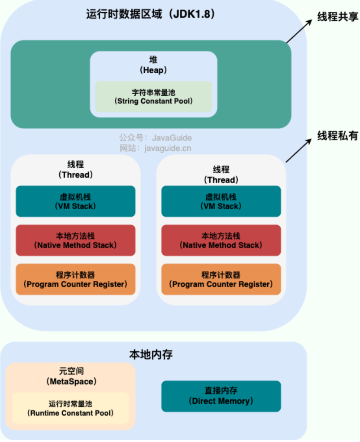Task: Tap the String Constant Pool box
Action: point(153,97)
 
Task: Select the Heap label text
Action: point(153,65)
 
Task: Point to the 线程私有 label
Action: point(337,135)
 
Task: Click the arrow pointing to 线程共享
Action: point(299,32)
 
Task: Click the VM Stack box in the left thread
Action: point(75,201)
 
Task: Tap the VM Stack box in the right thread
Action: point(221,201)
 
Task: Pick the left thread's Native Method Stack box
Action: point(75,240)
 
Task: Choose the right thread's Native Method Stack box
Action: point(221,240)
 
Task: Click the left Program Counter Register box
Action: point(75,279)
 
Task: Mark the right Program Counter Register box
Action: point(221,279)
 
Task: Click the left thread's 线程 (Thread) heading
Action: point(75,170)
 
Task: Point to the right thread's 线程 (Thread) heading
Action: point(221,174)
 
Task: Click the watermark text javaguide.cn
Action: point(155,148)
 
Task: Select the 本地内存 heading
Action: point(151,354)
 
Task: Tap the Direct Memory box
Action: point(221,396)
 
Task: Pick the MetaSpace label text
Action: point(71,377)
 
